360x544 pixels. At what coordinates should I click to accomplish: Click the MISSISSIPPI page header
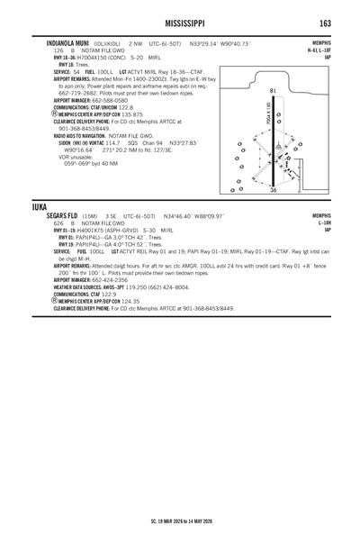(180, 21)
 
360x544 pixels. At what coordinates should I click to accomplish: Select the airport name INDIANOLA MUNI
(57, 41)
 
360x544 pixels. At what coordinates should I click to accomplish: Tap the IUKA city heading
(40, 206)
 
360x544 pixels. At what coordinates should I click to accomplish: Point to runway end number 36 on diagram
(274, 191)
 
